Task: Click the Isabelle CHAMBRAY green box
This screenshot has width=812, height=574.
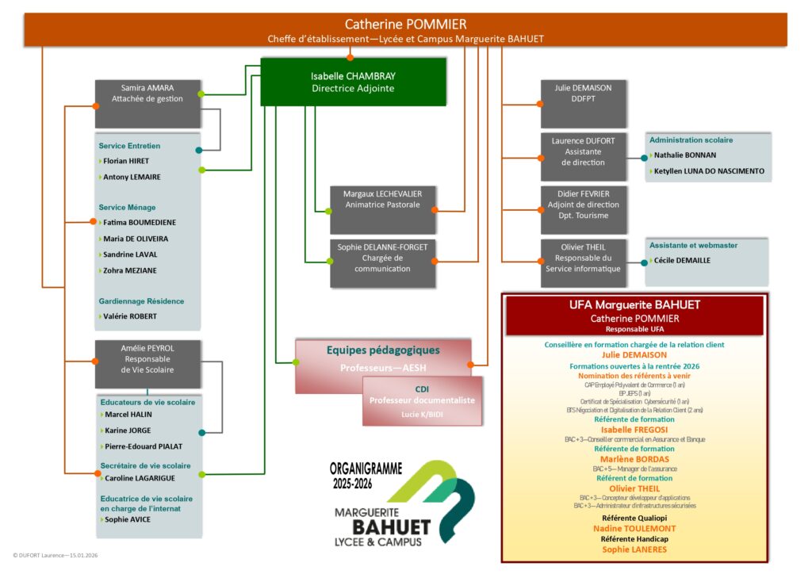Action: tap(353, 82)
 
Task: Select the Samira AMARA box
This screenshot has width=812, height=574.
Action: tap(147, 103)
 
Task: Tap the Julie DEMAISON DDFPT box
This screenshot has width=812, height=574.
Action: tap(584, 103)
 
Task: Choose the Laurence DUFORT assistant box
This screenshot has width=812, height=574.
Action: tap(584, 156)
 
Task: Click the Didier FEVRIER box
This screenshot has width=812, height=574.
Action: tap(584, 209)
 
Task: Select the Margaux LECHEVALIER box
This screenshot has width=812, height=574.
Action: tap(382, 209)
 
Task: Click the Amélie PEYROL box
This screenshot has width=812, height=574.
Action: tap(147, 364)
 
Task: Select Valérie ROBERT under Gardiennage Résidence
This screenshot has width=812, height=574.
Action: tap(129, 316)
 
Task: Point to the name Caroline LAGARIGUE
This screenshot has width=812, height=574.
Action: tap(140, 478)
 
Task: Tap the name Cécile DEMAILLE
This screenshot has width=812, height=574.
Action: tap(682, 260)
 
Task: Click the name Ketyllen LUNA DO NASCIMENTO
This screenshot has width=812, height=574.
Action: tap(709, 171)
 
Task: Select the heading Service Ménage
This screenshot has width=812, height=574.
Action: tap(127, 208)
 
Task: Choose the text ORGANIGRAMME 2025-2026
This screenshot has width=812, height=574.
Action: tap(366, 474)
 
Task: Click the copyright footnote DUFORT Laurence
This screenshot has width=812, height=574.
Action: tap(55, 556)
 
